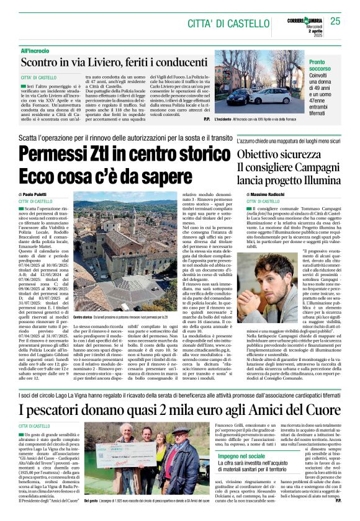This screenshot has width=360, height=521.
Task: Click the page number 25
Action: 336,21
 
